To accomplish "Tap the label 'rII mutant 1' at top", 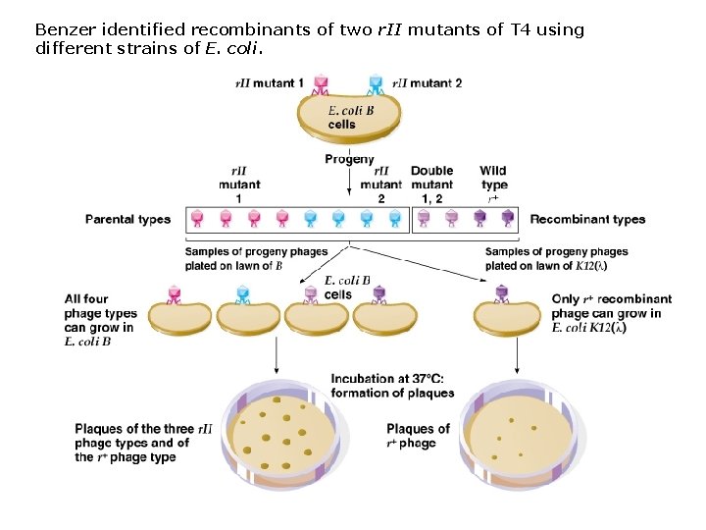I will pyautogui.click(x=269, y=83).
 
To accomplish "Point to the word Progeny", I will pyautogui.click(x=349, y=159).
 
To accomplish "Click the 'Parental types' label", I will pyautogui.click(x=127, y=219).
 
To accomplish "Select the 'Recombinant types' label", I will pyautogui.click(x=587, y=219).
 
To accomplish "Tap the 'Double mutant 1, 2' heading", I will pyautogui.click(x=431, y=185).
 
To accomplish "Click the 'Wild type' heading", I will pyautogui.click(x=494, y=178).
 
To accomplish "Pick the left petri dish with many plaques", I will pyautogui.click(x=281, y=437).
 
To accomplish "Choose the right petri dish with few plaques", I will pyautogui.click(x=516, y=437).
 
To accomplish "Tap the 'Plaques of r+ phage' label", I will pyautogui.click(x=418, y=436).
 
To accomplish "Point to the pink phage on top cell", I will pyautogui.click(x=320, y=86).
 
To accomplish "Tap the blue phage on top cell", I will pyautogui.click(x=375, y=86).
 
